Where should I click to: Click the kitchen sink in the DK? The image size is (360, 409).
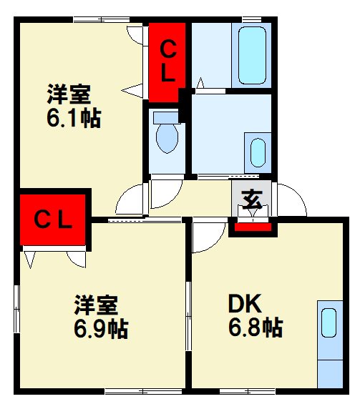pyautogui.click(x=329, y=322)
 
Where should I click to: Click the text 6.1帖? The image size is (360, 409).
pyautogui.click(x=73, y=117)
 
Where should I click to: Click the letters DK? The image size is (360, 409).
pyautogui.click(x=245, y=305)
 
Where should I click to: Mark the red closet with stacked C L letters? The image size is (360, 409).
pyautogui.click(x=167, y=62)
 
